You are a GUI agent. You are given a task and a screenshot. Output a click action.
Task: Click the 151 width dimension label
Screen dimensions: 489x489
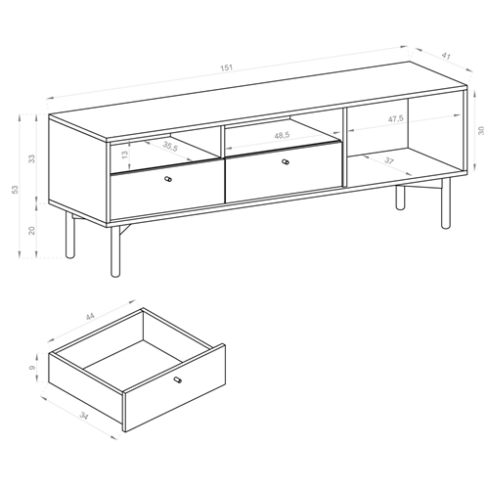228,67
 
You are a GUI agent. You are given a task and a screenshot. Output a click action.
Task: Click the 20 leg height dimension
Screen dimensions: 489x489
31,230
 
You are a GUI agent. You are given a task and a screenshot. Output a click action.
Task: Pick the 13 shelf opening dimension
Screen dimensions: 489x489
124,155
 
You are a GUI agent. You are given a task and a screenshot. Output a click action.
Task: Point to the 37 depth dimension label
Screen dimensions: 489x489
389,161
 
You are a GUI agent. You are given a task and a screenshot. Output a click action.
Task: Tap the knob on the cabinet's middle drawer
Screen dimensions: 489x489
286,162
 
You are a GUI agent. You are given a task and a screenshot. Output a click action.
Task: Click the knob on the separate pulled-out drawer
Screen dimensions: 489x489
177,378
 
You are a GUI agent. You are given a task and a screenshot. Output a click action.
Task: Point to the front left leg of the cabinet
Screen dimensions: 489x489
68,238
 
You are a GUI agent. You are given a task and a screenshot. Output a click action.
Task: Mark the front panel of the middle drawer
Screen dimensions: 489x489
284,173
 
